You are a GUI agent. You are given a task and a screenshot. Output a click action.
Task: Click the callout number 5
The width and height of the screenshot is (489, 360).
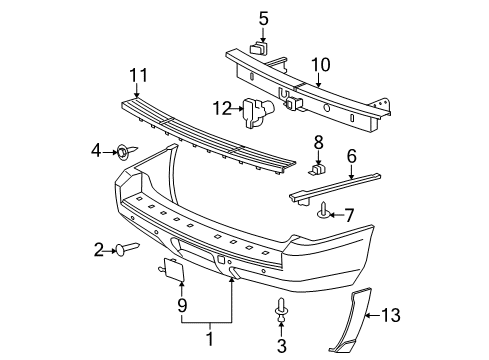pyautogui.click(x=264, y=17)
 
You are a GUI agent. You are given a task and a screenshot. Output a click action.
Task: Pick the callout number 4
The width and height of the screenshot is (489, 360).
pyautogui.click(x=96, y=151)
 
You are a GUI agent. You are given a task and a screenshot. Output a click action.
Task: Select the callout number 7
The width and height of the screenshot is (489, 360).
pyautogui.click(x=348, y=214)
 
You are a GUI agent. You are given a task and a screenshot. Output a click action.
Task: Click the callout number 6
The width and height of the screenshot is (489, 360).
pyautogui.click(x=352, y=156)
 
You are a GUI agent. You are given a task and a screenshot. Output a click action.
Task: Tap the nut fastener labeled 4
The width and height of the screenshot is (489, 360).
pyautogui.click(x=123, y=152)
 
